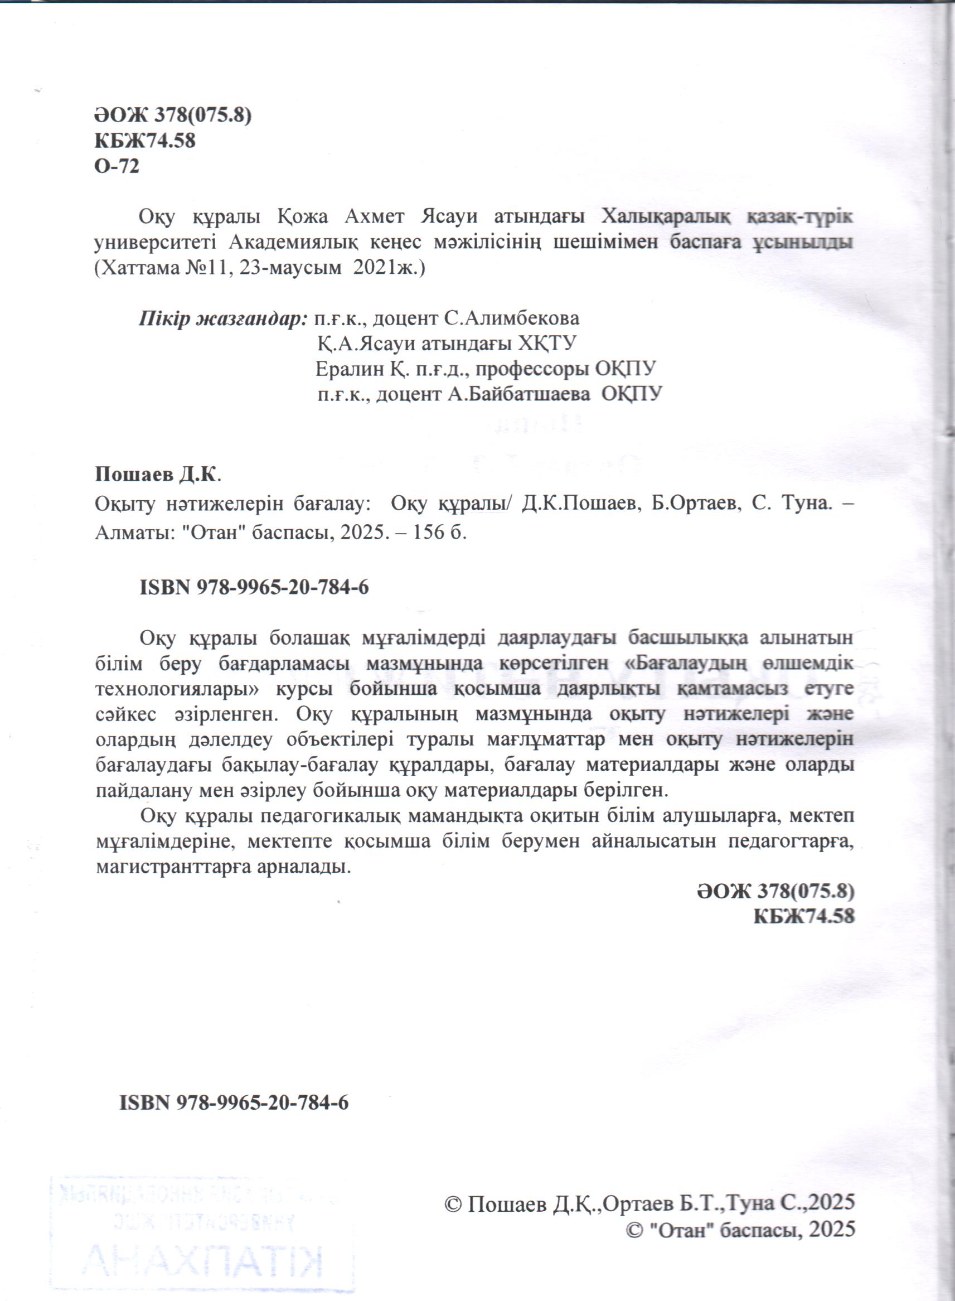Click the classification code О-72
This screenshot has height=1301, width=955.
click(x=116, y=167)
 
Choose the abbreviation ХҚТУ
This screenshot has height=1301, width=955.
click(x=547, y=344)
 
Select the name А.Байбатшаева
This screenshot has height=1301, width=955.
click(x=518, y=394)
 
